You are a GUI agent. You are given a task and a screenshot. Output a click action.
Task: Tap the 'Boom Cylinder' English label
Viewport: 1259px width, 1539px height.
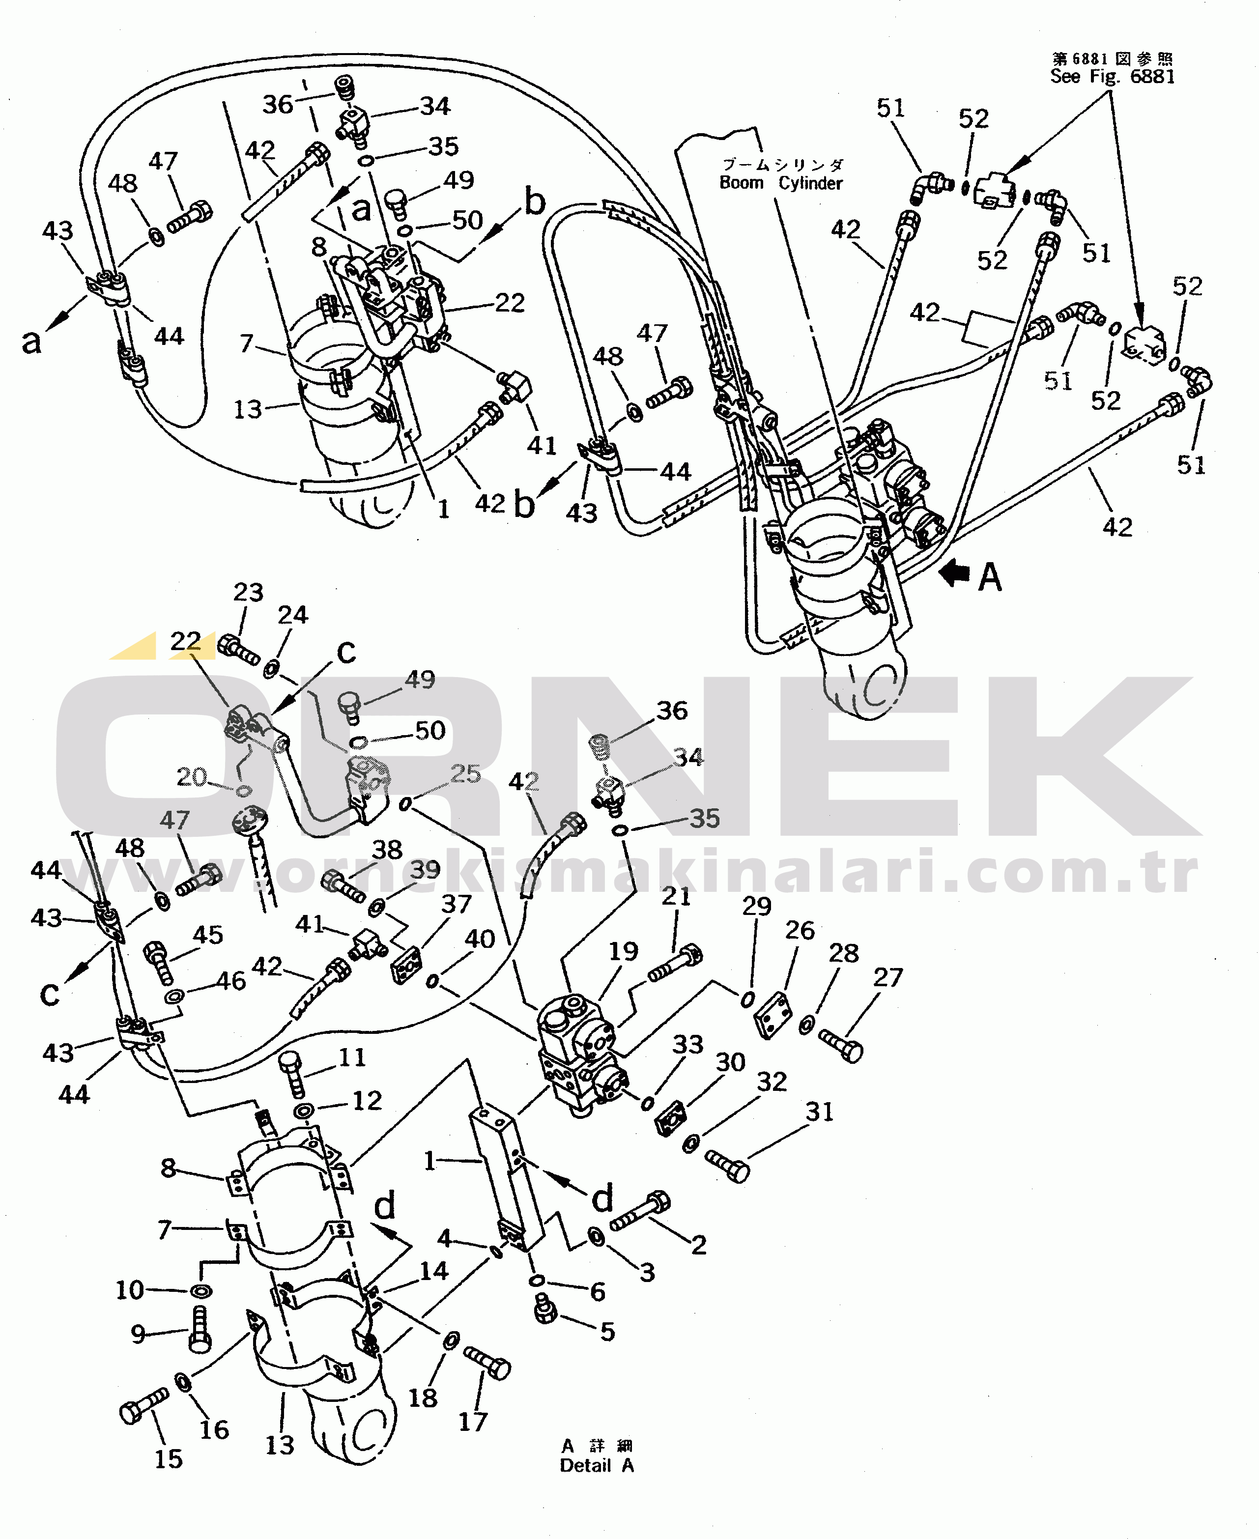[780, 183]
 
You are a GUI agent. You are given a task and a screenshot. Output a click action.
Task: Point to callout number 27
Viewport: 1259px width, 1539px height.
[887, 978]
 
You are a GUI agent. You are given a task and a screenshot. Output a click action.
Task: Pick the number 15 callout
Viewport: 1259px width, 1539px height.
[168, 1458]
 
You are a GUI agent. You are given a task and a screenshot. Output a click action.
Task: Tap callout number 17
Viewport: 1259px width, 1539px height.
[473, 1422]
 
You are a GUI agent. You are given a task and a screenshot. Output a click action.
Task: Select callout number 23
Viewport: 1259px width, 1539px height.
[248, 593]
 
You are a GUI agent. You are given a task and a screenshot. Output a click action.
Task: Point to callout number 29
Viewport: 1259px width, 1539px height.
[756, 906]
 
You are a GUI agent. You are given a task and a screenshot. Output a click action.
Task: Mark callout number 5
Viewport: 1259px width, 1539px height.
[607, 1332]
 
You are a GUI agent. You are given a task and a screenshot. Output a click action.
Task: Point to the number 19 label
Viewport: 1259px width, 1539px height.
[623, 951]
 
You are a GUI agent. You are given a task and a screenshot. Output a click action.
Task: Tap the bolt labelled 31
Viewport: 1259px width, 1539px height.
[727, 1166]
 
